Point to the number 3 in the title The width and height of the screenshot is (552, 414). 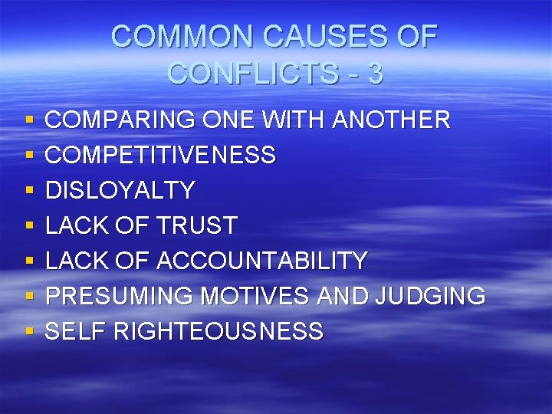click(375, 74)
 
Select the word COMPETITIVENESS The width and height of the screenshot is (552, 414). click(161, 156)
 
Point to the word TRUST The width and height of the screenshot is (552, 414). click(198, 226)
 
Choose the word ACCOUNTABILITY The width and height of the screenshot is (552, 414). click(262, 261)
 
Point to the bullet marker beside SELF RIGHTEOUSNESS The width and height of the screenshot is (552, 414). click(28, 333)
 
